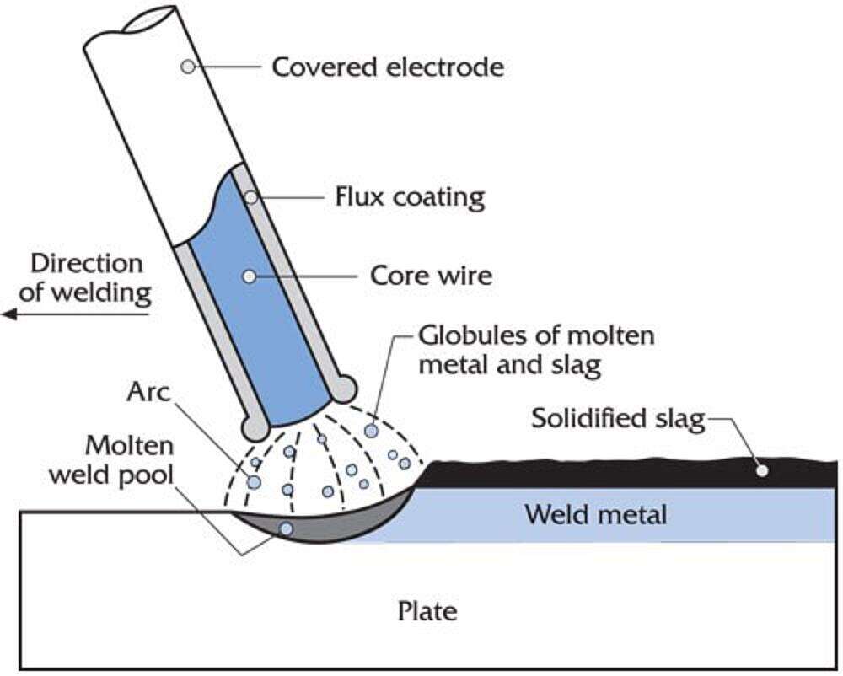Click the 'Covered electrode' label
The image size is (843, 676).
pos(387,67)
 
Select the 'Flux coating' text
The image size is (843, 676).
pos(410,197)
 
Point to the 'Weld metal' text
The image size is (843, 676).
pos(595,513)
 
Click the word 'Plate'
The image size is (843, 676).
pos(427,609)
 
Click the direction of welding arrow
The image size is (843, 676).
pos(76,314)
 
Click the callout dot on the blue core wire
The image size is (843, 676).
pos(248,276)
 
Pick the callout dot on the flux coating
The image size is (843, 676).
pos(251,197)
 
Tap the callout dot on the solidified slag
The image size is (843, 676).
pos(762,470)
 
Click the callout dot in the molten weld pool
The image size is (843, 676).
pos(287,528)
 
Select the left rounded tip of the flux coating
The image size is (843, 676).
pos(254,427)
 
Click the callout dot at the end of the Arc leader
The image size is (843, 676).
pos(253,481)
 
